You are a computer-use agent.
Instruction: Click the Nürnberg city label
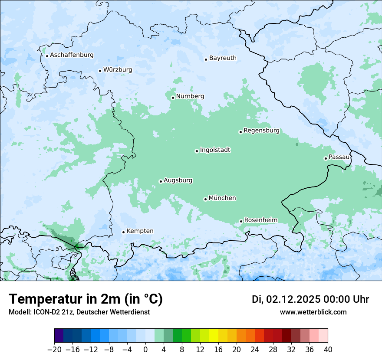point(190,96)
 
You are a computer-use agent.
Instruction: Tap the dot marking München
point(205,199)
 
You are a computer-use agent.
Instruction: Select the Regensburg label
point(261,131)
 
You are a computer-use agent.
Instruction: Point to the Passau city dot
point(326,158)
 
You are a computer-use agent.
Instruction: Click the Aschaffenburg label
point(72,55)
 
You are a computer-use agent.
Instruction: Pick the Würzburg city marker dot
point(100,71)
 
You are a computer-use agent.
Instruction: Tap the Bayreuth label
point(223,58)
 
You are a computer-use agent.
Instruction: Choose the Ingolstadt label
point(215,150)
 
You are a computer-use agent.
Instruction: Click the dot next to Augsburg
point(161,181)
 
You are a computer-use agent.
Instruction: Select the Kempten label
point(140,231)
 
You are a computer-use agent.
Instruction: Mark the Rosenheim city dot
point(241,221)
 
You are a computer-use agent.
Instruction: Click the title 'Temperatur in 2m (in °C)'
point(86,299)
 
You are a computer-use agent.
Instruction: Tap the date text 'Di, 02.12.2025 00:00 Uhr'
point(310,299)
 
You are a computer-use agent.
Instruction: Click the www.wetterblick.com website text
point(313,312)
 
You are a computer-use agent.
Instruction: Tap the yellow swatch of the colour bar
point(214,336)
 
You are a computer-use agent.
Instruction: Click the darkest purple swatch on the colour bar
point(59,336)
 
